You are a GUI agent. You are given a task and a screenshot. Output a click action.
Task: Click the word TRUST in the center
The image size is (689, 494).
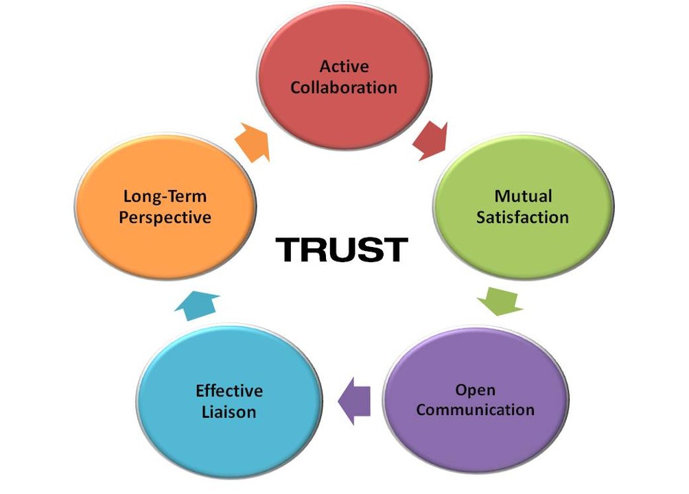[341, 250]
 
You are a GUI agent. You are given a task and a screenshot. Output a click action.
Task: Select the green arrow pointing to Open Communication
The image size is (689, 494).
[500, 301]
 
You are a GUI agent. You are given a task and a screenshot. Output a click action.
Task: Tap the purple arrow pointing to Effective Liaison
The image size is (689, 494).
[355, 401]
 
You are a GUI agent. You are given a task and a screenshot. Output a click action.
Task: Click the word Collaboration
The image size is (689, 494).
[344, 88]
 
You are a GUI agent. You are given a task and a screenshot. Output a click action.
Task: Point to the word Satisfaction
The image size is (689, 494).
[523, 217]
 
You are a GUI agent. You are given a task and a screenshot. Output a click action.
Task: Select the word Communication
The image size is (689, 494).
[475, 410]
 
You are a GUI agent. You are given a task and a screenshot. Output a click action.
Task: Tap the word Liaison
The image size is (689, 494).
[229, 412]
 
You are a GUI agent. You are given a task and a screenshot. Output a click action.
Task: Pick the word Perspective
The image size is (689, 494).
[165, 217]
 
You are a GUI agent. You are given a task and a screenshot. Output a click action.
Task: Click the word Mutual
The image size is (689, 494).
[523, 196]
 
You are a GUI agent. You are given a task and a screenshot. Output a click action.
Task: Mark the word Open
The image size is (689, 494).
[475, 390]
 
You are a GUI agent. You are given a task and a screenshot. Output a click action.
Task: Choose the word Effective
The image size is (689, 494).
[229, 391]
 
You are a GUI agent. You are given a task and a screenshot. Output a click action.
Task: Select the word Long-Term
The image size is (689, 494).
[165, 196]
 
